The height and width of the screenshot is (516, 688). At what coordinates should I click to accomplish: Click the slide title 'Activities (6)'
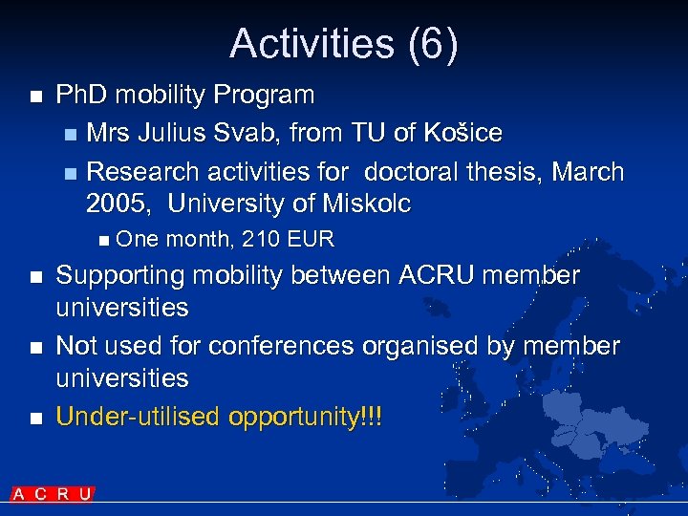click(x=344, y=44)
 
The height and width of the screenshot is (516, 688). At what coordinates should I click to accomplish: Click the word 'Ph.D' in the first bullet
click(x=82, y=95)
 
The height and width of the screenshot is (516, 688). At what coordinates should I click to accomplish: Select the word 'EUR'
click(x=311, y=239)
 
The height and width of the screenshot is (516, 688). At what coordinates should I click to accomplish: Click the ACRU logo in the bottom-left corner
click(x=53, y=494)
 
